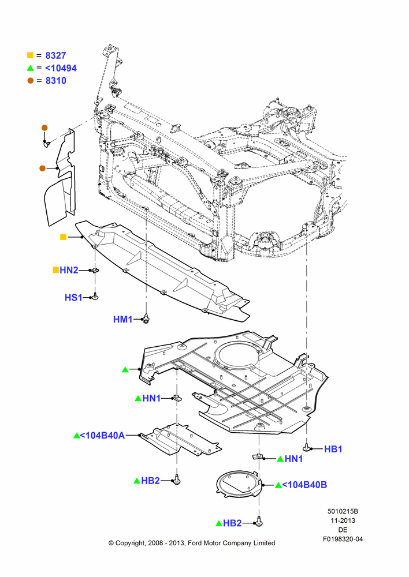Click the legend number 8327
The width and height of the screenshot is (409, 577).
55,55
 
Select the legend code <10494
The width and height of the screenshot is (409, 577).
61,68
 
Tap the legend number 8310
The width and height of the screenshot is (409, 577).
55,81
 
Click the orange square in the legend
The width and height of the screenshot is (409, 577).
30,55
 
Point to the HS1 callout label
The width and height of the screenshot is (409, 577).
73,297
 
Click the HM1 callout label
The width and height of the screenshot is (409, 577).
122,319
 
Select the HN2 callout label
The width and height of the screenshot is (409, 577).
69,270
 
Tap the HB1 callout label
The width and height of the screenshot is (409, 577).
333,449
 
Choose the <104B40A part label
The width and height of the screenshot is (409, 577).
102,435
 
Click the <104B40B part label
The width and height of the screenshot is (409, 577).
304,485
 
